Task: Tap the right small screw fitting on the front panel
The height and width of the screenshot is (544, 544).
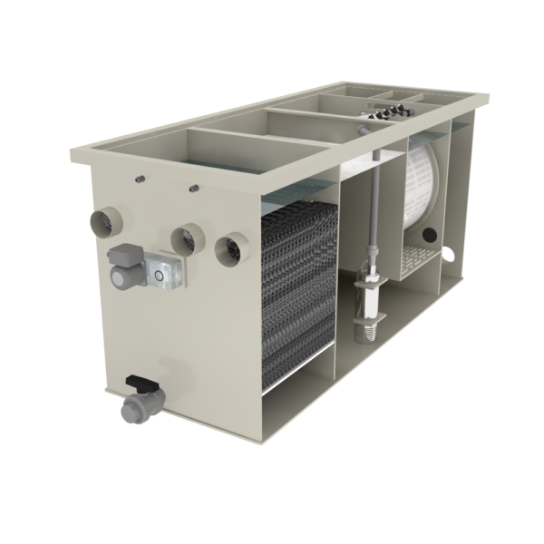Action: click(193, 189)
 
